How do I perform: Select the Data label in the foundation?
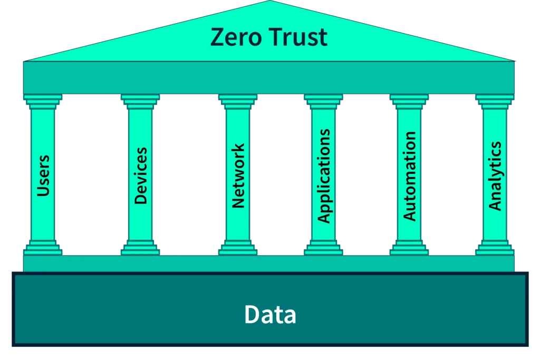[x=270, y=315]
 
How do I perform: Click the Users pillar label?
[x=43, y=176]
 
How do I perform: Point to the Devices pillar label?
[x=140, y=176]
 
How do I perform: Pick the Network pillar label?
[x=238, y=176]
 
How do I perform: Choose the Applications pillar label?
[x=324, y=176]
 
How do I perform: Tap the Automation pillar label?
[x=410, y=176]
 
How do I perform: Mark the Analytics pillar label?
[x=495, y=176]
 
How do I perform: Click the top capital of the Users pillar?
[x=43, y=101]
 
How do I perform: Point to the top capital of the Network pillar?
[x=238, y=101]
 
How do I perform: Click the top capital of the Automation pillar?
[x=409, y=101]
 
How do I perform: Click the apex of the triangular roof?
[x=270, y=3]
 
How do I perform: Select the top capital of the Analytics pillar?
[x=495, y=101]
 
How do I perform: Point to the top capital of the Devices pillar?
[x=140, y=101]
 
